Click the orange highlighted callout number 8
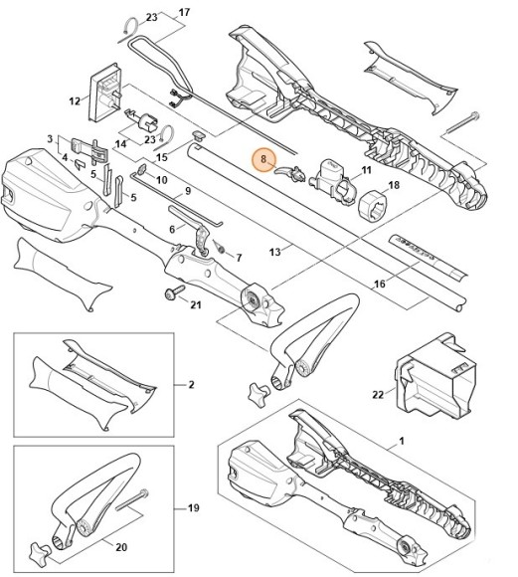[x=262, y=158]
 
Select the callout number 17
[x=182, y=13]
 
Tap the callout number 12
[x=74, y=100]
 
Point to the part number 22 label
[x=377, y=395]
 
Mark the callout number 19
[x=195, y=507]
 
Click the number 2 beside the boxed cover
[x=190, y=384]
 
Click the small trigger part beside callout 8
[x=294, y=172]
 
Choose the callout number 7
[x=239, y=258]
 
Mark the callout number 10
[x=162, y=180]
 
